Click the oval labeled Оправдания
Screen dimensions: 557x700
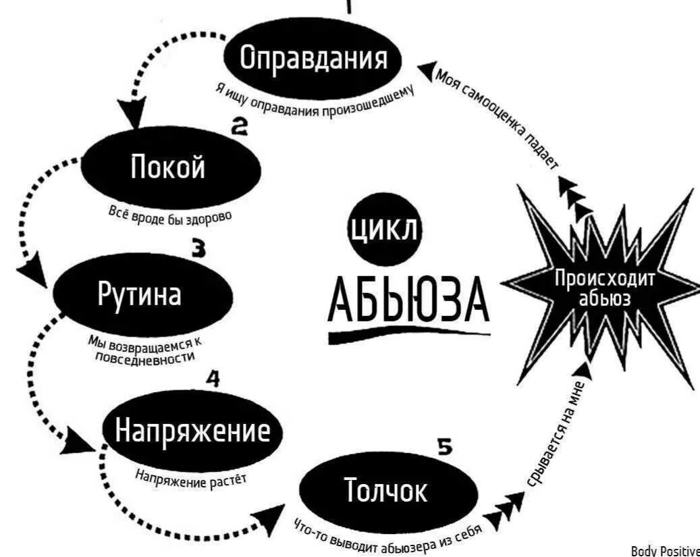(x=314, y=59)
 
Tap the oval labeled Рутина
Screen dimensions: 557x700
(x=142, y=296)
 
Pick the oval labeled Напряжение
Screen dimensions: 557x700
(x=192, y=431)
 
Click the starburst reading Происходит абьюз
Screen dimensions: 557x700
(x=604, y=288)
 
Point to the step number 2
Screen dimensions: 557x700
(x=239, y=126)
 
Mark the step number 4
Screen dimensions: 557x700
(x=212, y=380)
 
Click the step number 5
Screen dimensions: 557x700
(x=443, y=447)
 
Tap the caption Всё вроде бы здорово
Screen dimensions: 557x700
(x=170, y=215)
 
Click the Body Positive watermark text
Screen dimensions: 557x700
(x=665, y=550)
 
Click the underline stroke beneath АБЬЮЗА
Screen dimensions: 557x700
(x=408, y=334)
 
